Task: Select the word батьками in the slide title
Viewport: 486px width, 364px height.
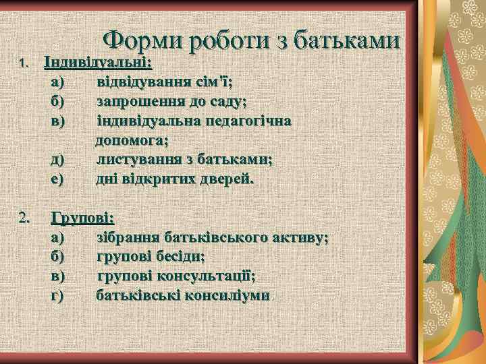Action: pos(350,41)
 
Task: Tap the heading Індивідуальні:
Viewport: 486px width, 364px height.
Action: pos(98,63)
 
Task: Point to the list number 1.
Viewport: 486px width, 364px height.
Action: pos(22,63)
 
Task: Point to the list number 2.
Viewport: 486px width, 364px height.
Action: pos(24,218)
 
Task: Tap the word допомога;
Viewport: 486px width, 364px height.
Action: pos(132,140)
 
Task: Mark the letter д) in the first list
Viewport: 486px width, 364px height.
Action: pos(57,160)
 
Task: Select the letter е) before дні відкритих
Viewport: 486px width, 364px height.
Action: pos(57,179)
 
